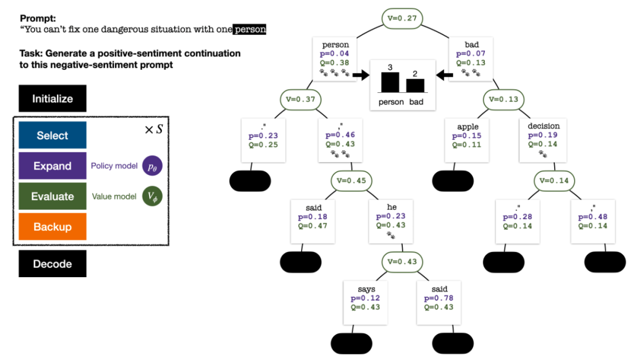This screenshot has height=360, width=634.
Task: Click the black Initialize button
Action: click(x=52, y=99)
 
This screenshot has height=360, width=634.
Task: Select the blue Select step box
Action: click(x=52, y=136)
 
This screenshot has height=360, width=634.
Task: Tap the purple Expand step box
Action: click(x=52, y=166)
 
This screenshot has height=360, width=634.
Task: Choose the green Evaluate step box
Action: click(x=52, y=197)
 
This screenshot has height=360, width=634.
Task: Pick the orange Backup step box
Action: click(x=52, y=227)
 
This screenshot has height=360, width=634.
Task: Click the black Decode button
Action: click(x=52, y=264)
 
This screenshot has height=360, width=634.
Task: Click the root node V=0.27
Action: click(x=403, y=18)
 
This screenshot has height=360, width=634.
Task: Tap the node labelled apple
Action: click(x=468, y=140)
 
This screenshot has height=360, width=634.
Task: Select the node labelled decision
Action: click(x=544, y=140)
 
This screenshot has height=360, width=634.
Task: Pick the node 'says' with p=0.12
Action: click(x=366, y=302)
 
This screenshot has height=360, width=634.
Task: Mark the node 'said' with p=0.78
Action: click(x=439, y=302)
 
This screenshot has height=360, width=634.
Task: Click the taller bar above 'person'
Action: click(x=390, y=82)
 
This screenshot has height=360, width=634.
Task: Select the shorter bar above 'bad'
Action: click(x=415, y=85)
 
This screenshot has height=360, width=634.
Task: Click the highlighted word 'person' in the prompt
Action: click(x=249, y=29)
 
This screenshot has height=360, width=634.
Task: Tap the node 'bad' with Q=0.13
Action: click(x=471, y=58)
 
